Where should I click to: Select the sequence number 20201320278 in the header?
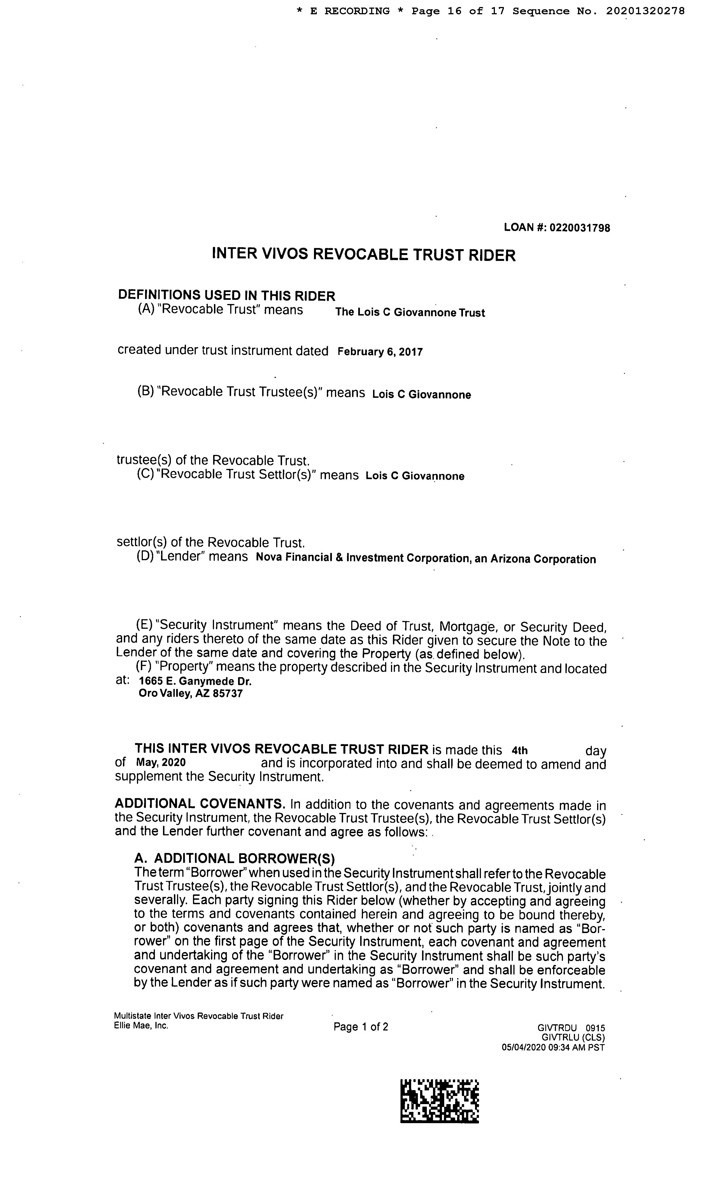[645, 11]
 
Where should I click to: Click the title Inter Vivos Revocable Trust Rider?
[364, 254]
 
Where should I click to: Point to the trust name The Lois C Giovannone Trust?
[410, 313]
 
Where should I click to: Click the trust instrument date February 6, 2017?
[380, 352]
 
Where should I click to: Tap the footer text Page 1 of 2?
[361, 1027]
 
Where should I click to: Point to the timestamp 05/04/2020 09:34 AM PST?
[553, 1048]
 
